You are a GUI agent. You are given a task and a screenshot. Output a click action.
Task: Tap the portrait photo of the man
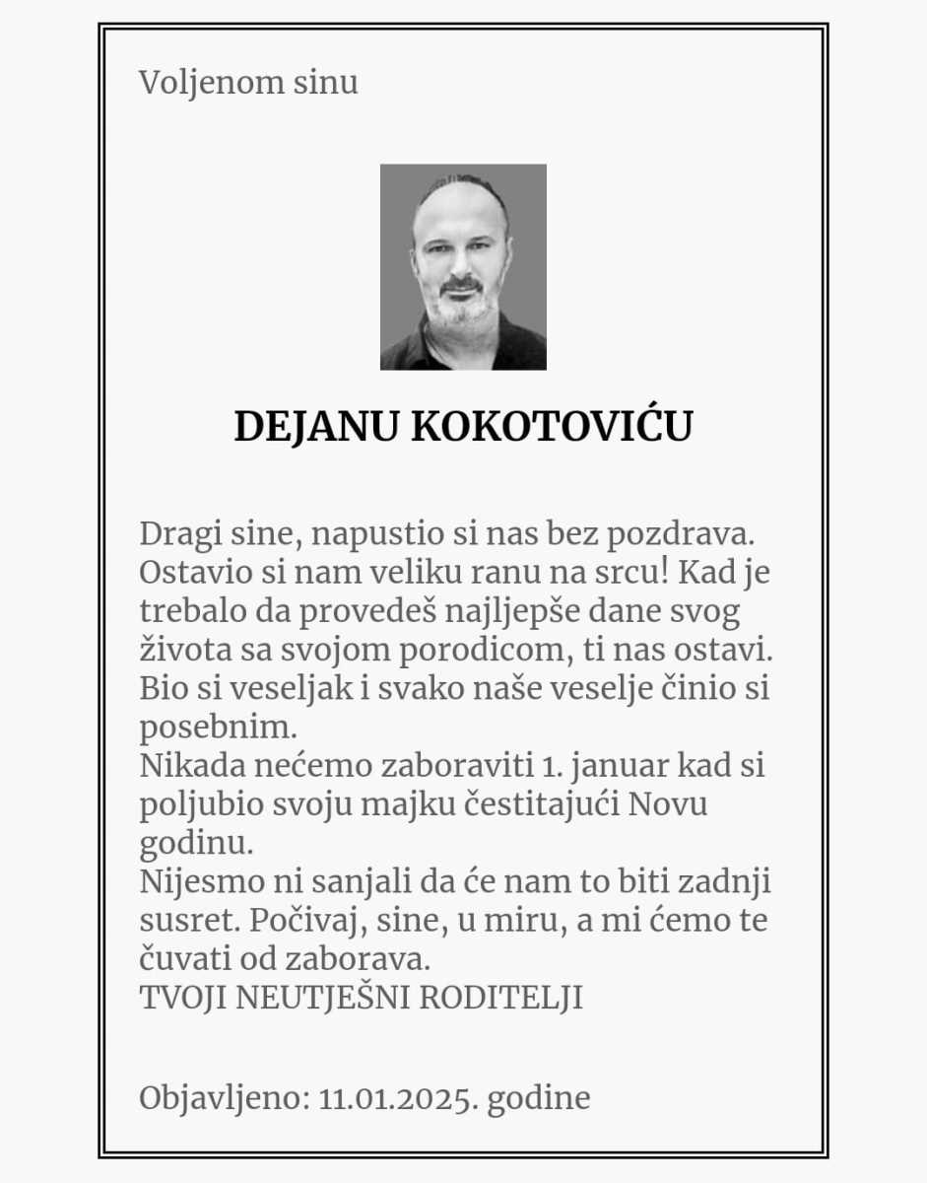pos(463,267)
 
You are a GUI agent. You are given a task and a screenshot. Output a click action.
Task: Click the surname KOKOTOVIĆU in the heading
pos(552,426)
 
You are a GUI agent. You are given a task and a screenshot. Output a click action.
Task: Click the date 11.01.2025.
pos(399,1097)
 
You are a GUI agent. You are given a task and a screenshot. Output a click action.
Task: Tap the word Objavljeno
pos(224,1097)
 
